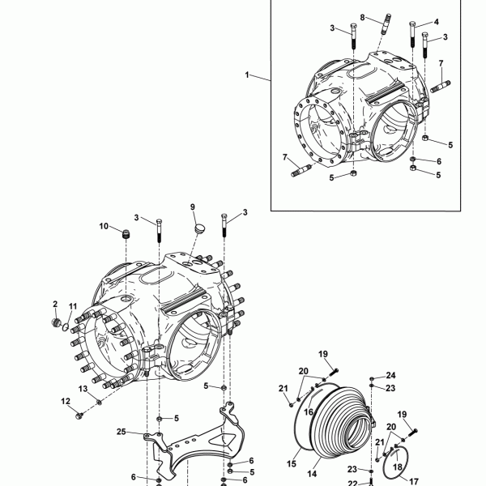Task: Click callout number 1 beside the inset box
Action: [247, 75]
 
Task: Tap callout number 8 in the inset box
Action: [362, 18]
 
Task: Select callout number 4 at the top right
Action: [437, 22]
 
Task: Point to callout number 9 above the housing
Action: [193, 207]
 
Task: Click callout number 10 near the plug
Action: [104, 226]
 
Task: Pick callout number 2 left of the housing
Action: [55, 304]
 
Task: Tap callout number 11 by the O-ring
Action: [73, 306]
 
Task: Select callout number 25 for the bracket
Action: [122, 432]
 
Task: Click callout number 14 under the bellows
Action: [312, 474]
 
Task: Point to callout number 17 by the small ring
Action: [414, 482]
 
